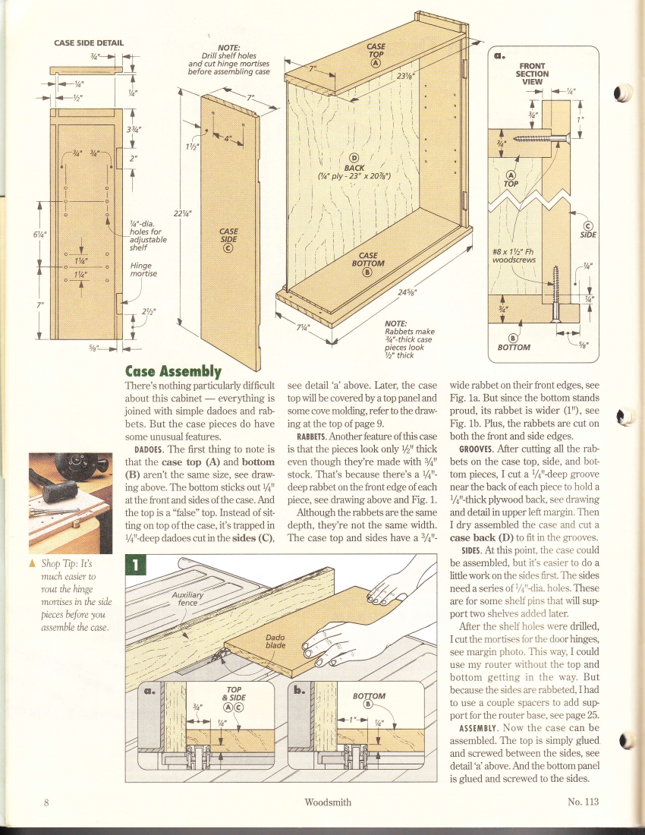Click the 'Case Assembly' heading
(173, 371)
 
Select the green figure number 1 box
(134, 566)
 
